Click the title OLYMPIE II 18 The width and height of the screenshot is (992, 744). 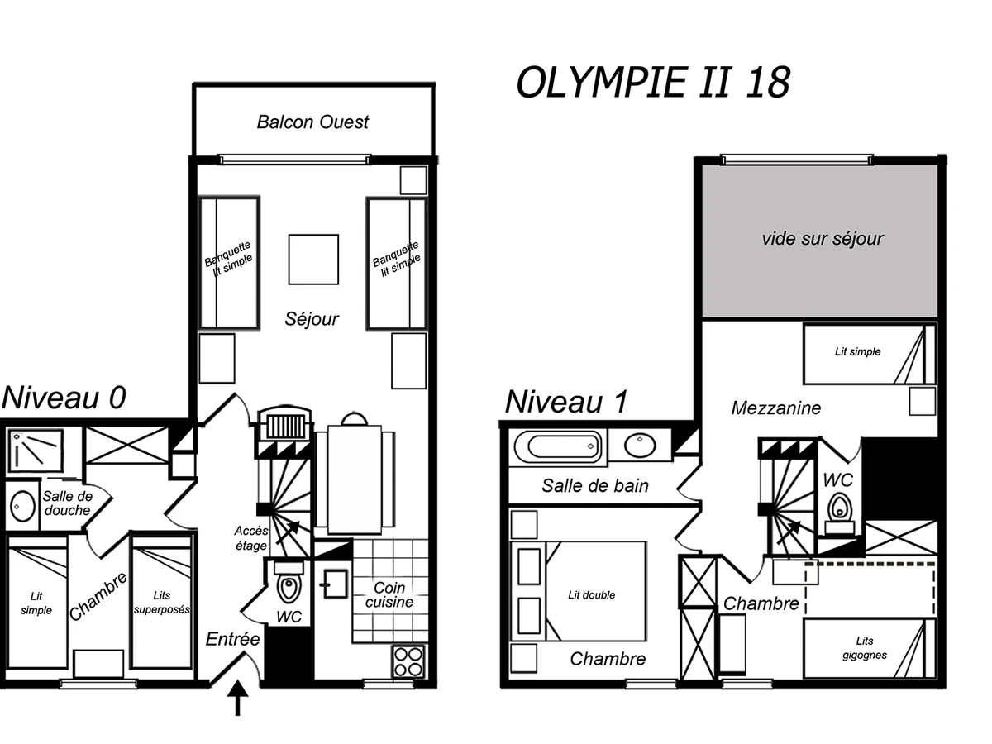(652, 83)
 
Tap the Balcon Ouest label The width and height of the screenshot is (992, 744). (312, 122)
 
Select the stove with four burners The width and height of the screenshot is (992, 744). (409, 661)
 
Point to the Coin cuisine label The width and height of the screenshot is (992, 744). (389, 594)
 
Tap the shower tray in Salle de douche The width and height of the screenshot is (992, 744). (35, 451)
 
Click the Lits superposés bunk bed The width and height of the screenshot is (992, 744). (161, 601)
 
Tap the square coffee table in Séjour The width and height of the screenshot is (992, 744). (313, 259)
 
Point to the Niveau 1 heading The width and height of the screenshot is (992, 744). (566, 403)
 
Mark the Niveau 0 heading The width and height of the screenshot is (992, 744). (64, 398)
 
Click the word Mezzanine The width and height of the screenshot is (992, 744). (776, 408)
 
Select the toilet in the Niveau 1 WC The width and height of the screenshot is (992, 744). (839, 508)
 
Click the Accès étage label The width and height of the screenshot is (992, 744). (250, 538)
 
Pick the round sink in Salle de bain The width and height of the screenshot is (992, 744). (640, 446)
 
